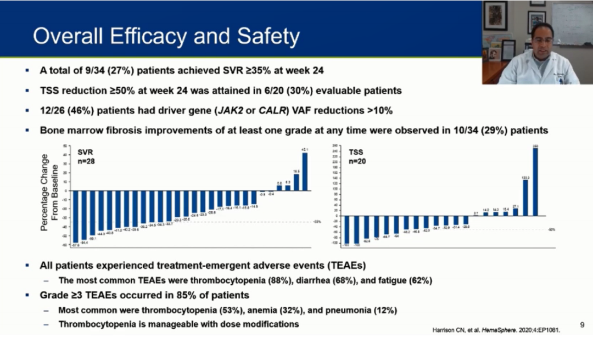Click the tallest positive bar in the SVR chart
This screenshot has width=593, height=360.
pyautogui.click(x=305, y=172)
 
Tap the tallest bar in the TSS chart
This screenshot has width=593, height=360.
pyautogui.click(x=535, y=182)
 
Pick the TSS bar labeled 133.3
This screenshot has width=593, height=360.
pyautogui.click(x=525, y=198)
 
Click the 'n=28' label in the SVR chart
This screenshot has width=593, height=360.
pyautogui.click(x=87, y=162)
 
